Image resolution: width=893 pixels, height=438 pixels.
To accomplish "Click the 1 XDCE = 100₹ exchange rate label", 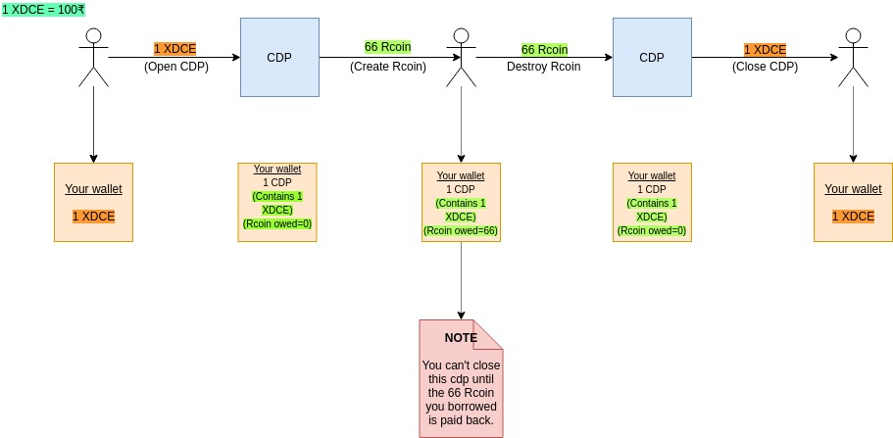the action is (x=43, y=10).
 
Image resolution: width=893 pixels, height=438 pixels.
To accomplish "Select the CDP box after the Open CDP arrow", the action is (x=279, y=57).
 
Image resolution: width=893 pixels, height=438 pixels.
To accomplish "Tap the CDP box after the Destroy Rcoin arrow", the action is (x=652, y=57).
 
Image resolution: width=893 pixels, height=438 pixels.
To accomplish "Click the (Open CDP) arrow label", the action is (x=176, y=67).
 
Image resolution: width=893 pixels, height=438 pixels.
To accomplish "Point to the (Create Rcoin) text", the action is (x=388, y=67).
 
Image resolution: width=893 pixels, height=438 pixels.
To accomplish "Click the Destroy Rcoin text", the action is (x=544, y=67).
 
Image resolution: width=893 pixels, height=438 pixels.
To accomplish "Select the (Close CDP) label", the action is (x=765, y=67).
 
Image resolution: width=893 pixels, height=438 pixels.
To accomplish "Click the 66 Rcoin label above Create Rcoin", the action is (x=388, y=46).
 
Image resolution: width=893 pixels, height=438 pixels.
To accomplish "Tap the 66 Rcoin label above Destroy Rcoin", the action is (x=544, y=50).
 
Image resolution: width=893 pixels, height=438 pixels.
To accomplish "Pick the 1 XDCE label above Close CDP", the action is (x=765, y=50).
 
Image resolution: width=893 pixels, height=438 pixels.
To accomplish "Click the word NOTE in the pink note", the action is (x=461, y=338).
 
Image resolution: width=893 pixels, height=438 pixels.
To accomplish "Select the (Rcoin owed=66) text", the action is (x=461, y=230).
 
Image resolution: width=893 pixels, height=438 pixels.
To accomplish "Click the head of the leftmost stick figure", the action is (x=93, y=36).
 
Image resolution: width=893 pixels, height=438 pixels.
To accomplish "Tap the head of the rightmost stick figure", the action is (x=853, y=36).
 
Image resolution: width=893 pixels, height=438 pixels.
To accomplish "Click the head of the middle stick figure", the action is (x=462, y=36).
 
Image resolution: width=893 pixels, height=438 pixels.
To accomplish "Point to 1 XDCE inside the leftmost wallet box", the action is (x=93, y=217).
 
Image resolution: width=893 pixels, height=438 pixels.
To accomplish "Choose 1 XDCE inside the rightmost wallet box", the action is (x=853, y=217).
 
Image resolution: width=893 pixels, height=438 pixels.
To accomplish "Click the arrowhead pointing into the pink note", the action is (x=461, y=316).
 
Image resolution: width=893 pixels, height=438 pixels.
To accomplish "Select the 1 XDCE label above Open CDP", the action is (x=174, y=50).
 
